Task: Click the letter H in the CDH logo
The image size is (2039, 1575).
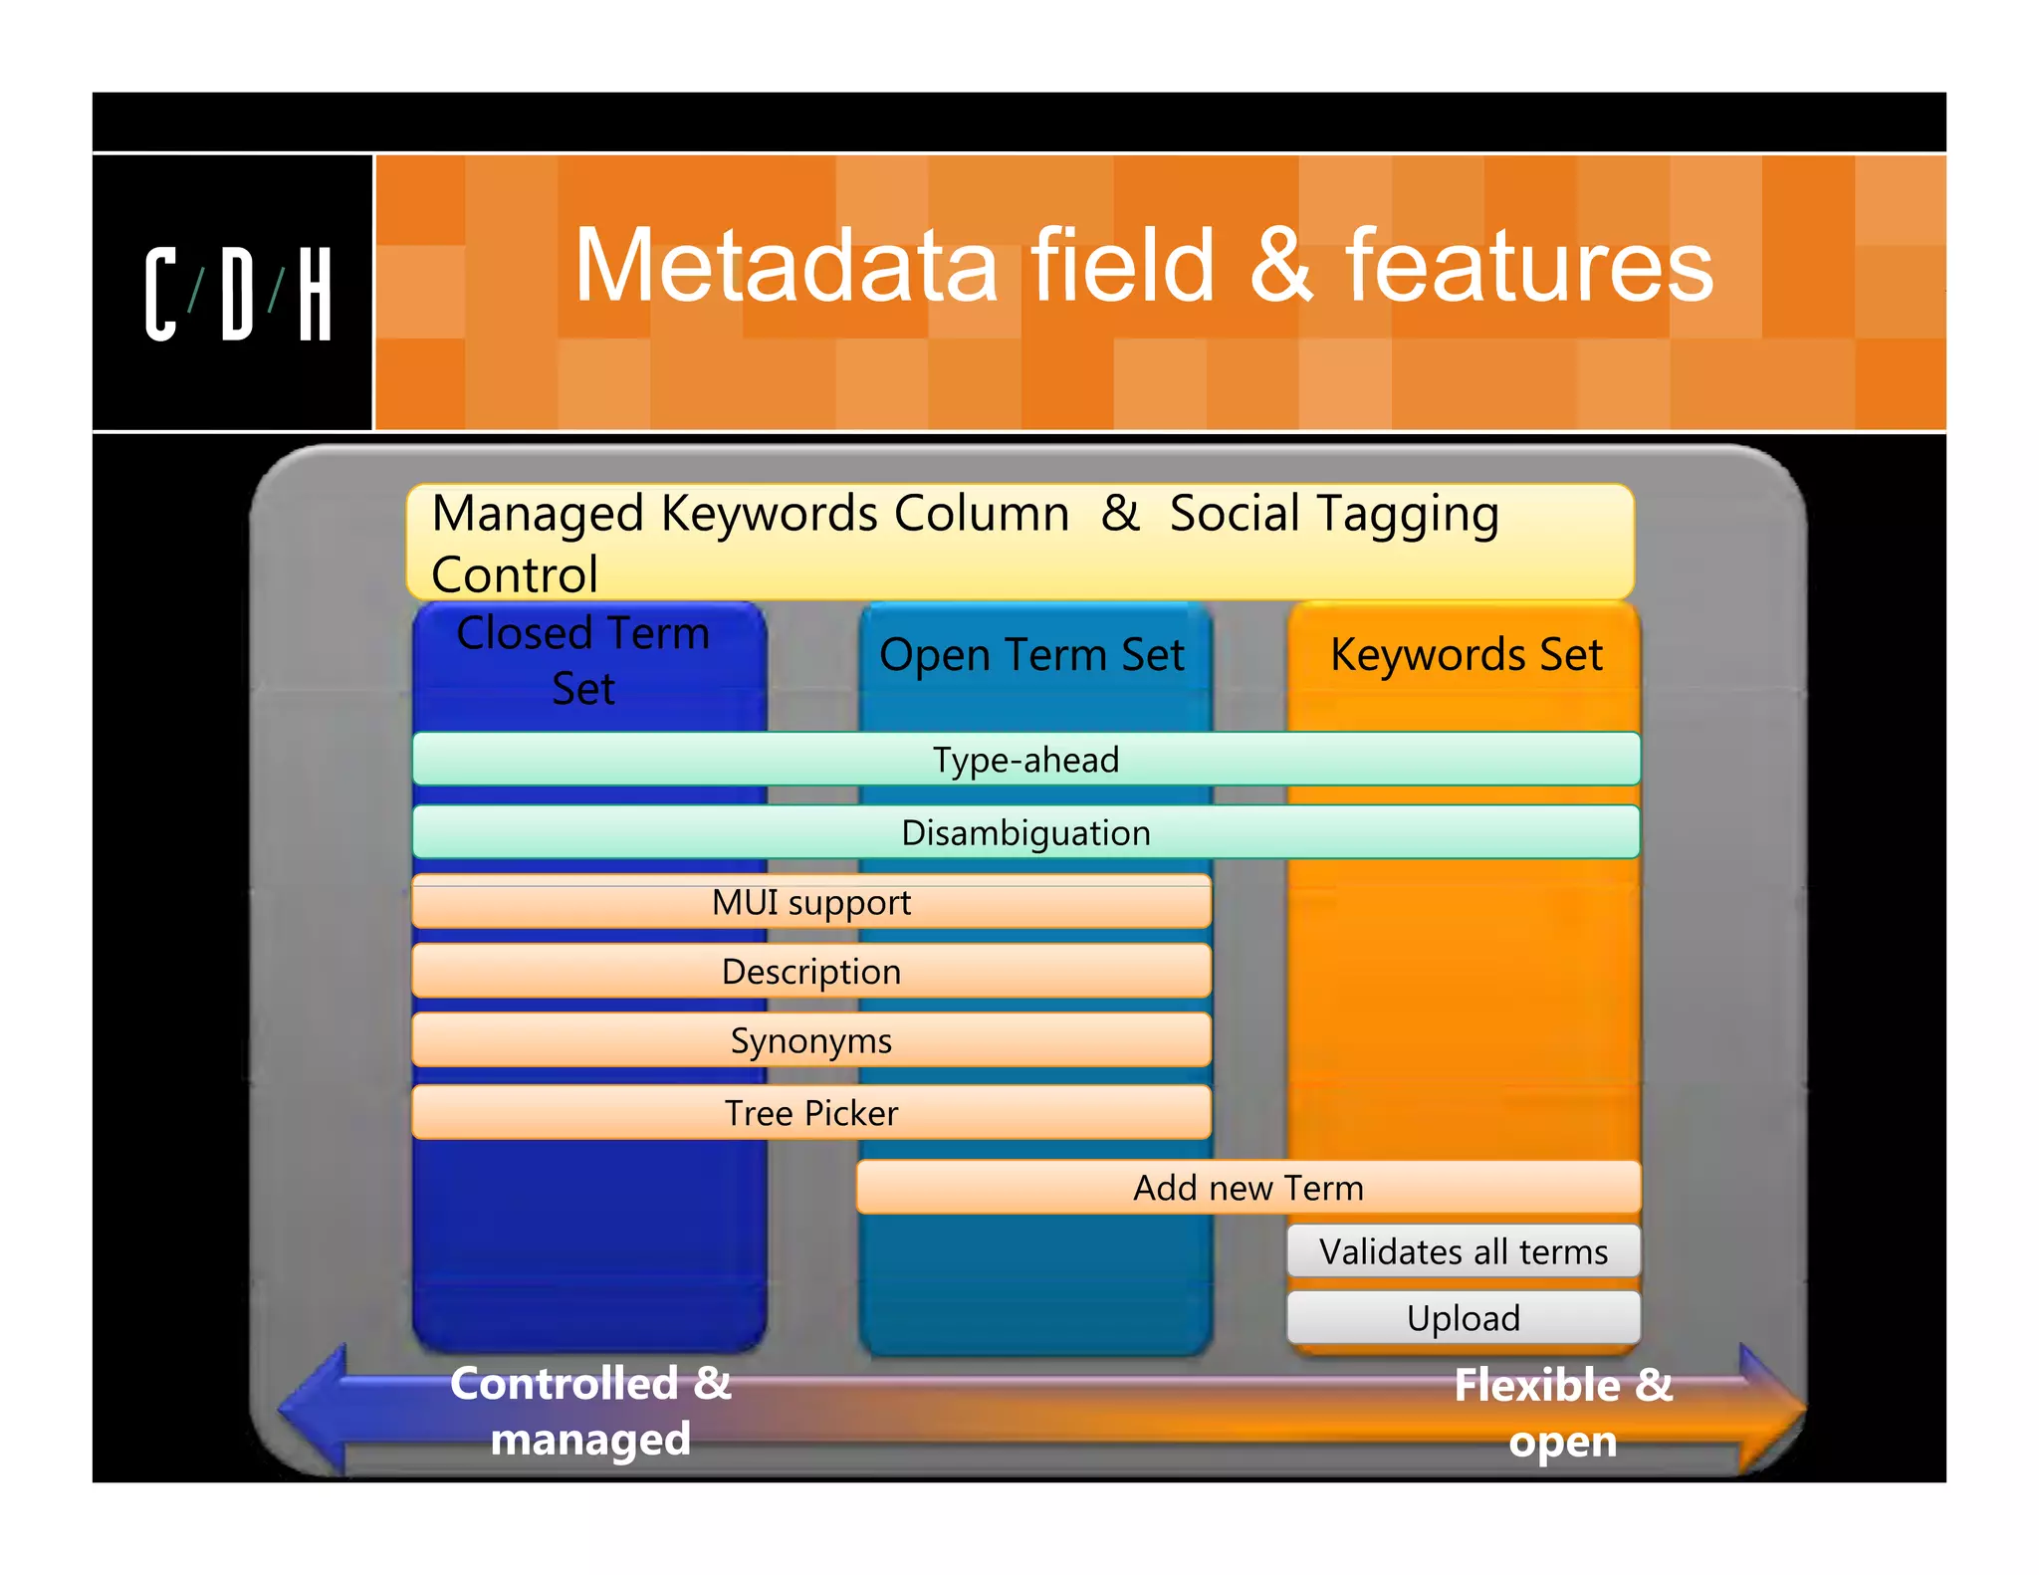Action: pos(315,295)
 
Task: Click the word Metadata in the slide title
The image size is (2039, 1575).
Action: pos(786,266)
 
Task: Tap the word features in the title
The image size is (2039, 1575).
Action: pos(1529,266)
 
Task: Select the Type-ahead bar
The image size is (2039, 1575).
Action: pos(1025,760)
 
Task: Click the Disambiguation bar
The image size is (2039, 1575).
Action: pos(1025,832)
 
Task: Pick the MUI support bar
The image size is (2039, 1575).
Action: pos(811,903)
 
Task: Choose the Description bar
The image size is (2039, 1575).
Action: pos(811,972)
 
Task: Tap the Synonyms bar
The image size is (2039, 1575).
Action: pos(811,1041)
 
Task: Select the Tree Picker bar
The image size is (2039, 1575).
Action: pos(811,1113)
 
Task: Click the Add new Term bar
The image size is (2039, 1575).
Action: pos(1247,1188)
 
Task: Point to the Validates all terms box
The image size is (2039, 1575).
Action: pos(1463,1251)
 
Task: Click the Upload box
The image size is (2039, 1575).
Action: pos(1463,1318)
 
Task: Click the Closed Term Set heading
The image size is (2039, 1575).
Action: pos(584,661)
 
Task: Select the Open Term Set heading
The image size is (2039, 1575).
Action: pos(1031,655)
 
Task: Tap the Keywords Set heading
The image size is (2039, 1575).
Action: pos(1466,655)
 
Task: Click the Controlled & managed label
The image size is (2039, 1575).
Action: pos(590,1411)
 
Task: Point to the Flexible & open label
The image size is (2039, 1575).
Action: pos(1563,1413)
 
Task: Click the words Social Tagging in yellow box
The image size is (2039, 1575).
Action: pos(1333,515)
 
